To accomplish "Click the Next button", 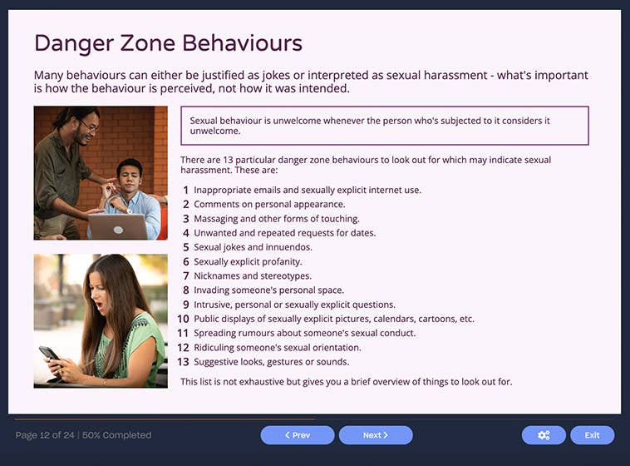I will click(x=376, y=435).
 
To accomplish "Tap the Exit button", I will click(x=592, y=435).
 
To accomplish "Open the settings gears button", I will click(x=544, y=435).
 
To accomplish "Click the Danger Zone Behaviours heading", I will click(x=168, y=42).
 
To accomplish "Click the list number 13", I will click(x=183, y=362).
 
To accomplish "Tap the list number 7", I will click(x=186, y=276).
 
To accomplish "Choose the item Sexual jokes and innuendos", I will click(x=253, y=247).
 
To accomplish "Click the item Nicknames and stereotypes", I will click(x=253, y=276).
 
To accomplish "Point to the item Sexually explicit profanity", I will click(x=248, y=261).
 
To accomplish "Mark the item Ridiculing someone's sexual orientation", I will click(x=278, y=348).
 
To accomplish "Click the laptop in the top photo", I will click(x=117, y=226).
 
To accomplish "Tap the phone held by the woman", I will click(x=49, y=354).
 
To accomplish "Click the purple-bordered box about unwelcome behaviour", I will click(x=384, y=126).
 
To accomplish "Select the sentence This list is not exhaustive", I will click(x=346, y=382).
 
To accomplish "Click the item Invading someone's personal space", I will click(x=268, y=290).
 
